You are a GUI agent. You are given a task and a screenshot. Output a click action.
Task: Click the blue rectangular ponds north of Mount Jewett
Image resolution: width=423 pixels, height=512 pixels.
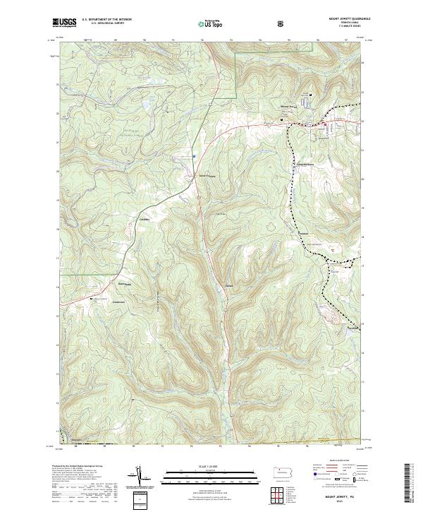[306, 102]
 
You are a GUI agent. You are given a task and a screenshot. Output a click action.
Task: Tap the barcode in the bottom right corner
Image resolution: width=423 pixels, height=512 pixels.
[408, 484]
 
